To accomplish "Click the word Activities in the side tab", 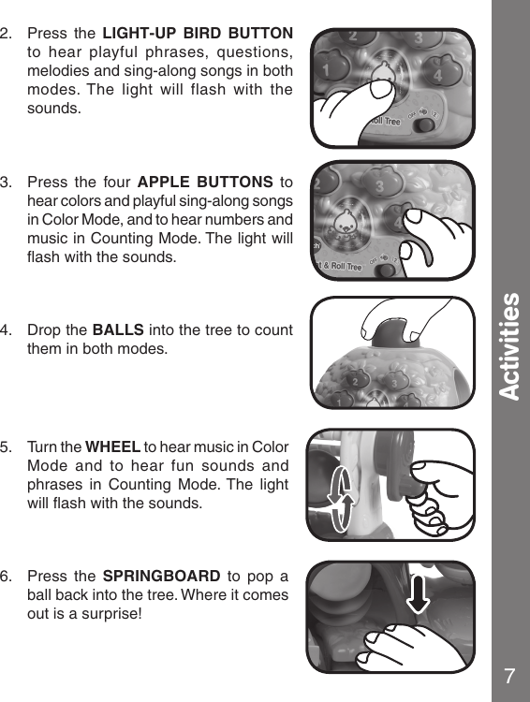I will point(508,346).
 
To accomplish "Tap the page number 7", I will point(509,676).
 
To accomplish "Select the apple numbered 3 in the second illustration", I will point(379,187).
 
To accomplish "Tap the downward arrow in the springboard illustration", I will point(419,595).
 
